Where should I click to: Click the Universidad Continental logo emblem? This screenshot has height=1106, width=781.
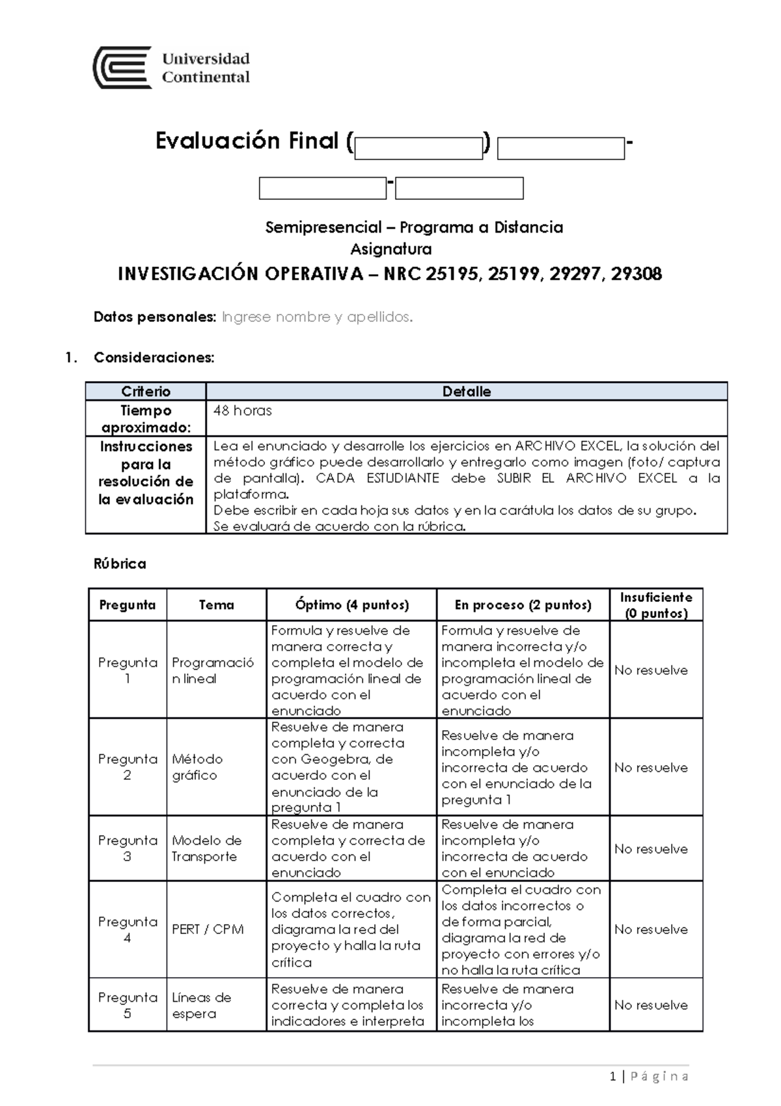click(x=122, y=68)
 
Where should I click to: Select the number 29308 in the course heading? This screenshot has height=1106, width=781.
click(x=637, y=274)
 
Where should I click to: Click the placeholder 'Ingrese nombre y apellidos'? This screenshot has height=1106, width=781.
click(x=317, y=317)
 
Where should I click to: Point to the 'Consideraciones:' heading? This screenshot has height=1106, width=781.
click(x=154, y=358)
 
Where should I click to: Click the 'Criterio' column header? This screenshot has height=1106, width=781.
click(x=146, y=391)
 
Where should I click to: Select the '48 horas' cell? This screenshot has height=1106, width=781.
click(x=243, y=411)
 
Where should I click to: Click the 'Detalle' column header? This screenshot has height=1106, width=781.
click(x=466, y=391)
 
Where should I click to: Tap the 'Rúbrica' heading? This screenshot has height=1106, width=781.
click(x=120, y=564)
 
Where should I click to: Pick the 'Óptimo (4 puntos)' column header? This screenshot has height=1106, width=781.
click(x=351, y=605)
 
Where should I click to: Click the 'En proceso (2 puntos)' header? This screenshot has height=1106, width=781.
click(x=523, y=605)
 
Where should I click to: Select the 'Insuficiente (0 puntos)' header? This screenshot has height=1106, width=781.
click(x=656, y=605)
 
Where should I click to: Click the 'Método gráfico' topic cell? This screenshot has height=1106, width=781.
click(x=197, y=767)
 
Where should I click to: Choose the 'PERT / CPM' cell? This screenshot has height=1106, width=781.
click(x=208, y=929)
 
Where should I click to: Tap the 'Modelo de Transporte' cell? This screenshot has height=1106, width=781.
click(x=206, y=849)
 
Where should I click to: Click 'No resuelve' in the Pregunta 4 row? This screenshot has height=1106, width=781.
click(x=651, y=929)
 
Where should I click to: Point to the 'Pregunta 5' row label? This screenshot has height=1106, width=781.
click(x=128, y=1005)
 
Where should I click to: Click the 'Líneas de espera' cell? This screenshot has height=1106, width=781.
click(x=201, y=1005)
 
